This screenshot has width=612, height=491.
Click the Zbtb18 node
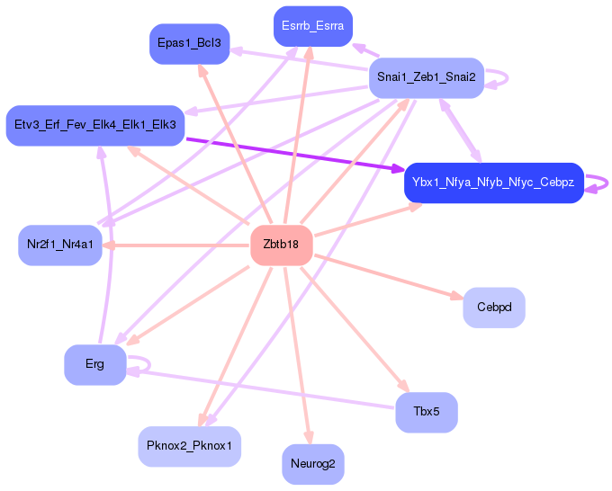(x=282, y=245)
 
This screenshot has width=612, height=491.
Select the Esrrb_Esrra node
(x=313, y=26)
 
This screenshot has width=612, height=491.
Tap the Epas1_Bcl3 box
(x=189, y=44)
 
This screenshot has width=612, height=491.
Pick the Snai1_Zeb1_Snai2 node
(x=427, y=77)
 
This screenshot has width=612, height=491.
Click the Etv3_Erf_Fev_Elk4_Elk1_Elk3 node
(x=95, y=125)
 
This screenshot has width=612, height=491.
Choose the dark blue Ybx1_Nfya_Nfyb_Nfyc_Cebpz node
(x=494, y=183)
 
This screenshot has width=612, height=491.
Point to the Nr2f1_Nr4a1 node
(x=60, y=245)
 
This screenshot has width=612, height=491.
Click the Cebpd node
(x=494, y=308)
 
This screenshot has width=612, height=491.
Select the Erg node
(x=94, y=364)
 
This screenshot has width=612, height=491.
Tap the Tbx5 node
(x=427, y=412)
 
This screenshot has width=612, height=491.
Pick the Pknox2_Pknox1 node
(x=189, y=446)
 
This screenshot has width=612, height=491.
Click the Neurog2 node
(x=313, y=464)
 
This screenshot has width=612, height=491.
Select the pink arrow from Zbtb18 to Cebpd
(x=389, y=278)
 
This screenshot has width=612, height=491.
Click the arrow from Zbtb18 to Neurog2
(x=298, y=356)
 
